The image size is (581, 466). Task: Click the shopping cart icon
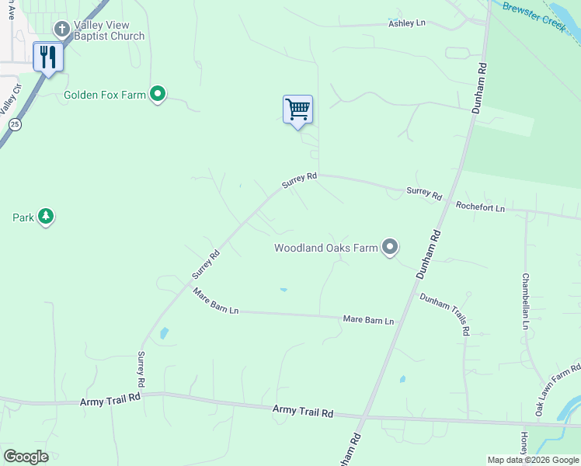pos(297,110)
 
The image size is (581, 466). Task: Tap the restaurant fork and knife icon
pos(48,57)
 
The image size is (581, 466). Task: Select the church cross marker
pos(62,30)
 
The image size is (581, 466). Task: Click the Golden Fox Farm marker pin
pos(158,95)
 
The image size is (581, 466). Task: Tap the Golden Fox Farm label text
pos(105,95)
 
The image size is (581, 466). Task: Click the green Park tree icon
pos(46,217)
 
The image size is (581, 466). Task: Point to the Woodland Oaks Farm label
pos(325,249)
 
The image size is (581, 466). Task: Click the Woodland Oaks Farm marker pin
pos(390,248)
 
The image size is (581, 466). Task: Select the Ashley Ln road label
pos(407,24)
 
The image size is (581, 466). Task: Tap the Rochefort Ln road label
pos(480,207)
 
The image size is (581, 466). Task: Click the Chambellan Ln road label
pos(525,301)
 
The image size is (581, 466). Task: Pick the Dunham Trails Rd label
pos(445,314)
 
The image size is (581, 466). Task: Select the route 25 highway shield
pos(15,123)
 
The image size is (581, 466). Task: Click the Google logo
pos(26,457)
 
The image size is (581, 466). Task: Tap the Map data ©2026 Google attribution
pos(533,460)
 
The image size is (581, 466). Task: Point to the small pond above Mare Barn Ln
pos(284,290)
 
